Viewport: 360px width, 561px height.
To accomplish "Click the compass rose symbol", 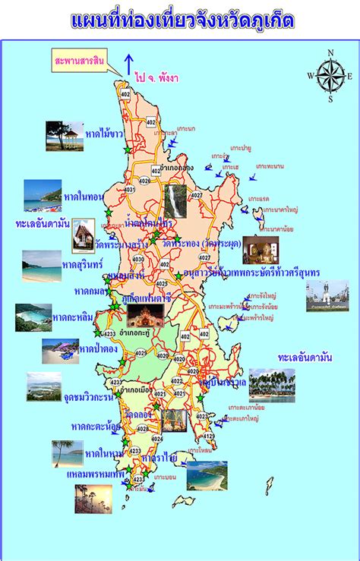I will point(330,75).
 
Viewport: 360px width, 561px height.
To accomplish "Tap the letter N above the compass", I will point(330,53).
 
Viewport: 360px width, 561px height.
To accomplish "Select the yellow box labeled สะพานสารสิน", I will point(81,58).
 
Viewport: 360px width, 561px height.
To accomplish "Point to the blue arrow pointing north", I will point(129,64).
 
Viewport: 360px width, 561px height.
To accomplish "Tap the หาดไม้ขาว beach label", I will point(105,134).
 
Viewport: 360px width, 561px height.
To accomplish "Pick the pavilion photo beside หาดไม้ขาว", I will point(65,136).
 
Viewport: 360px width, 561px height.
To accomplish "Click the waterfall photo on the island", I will point(175,201).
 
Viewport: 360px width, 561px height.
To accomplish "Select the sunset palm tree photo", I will point(93,500).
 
